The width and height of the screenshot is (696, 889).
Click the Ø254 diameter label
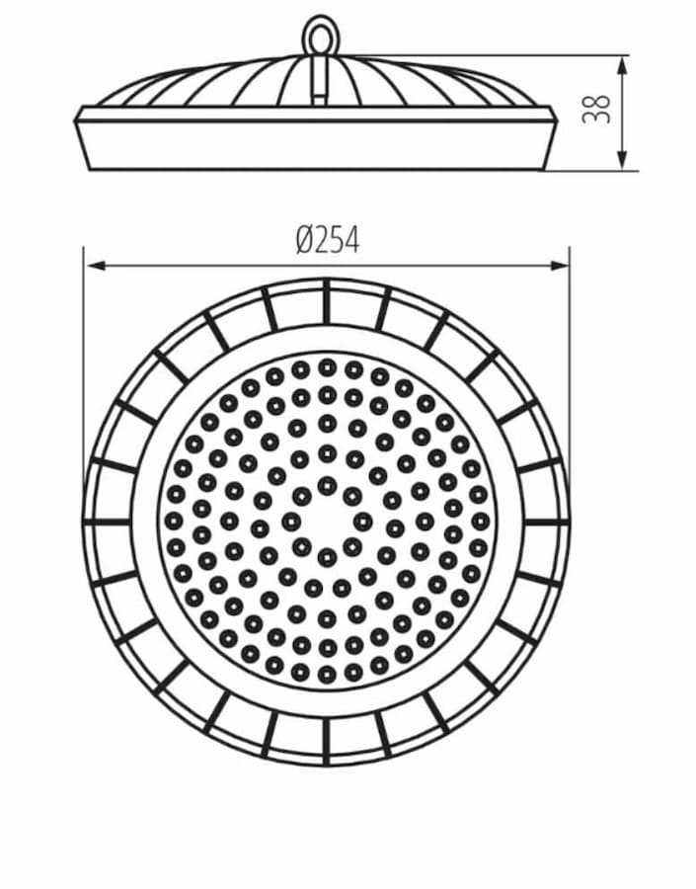point(328,240)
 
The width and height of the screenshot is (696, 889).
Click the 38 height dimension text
point(596,109)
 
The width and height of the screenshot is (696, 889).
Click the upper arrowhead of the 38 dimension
point(622,66)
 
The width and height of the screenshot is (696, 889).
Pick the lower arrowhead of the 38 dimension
point(622,160)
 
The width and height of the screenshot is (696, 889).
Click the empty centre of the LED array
point(327,521)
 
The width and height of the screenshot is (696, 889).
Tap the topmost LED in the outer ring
point(327,366)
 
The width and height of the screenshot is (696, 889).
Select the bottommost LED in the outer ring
point(327,675)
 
